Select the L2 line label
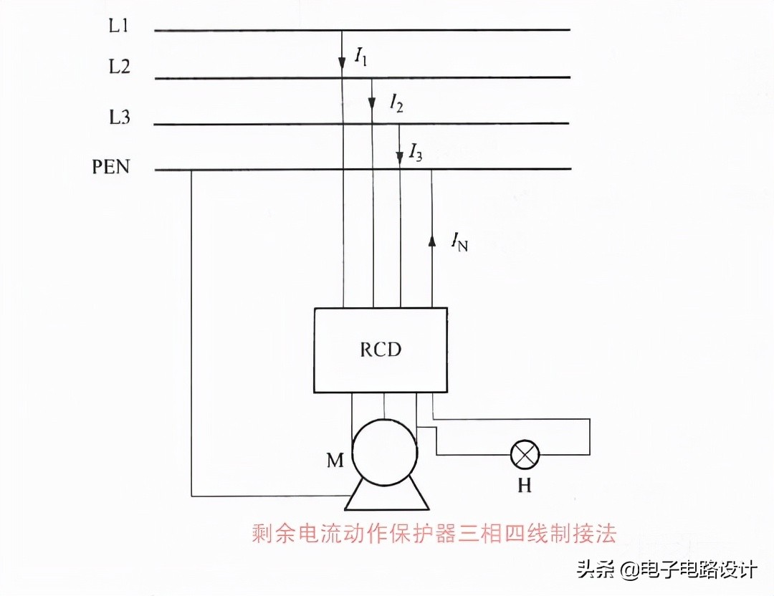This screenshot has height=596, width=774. click(x=119, y=67)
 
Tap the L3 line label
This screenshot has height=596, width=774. click(x=119, y=117)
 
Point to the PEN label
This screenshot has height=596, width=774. click(x=111, y=168)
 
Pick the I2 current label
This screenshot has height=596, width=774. click(x=396, y=104)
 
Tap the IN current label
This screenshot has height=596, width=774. click(x=459, y=243)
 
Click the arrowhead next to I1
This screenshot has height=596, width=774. click(x=343, y=64)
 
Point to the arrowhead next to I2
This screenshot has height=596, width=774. click(x=372, y=103)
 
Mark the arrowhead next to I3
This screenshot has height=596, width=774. click(x=400, y=156)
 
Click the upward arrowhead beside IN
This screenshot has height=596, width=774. click(x=431, y=241)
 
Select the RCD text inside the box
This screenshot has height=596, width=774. click(x=381, y=350)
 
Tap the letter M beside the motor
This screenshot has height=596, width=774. click(x=335, y=461)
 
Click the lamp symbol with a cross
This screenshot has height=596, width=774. click(x=525, y=454)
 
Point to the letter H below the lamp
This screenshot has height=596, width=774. click(x=525, y=486)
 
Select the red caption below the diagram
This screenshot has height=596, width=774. click(x=434, y=534)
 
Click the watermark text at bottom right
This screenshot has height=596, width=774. click(x=666, y=570)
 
